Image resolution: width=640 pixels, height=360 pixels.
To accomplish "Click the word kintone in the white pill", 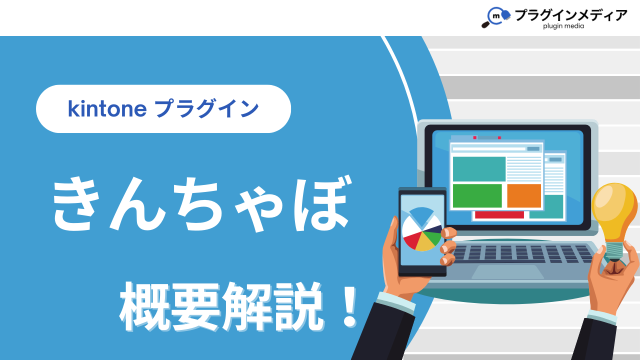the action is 107,109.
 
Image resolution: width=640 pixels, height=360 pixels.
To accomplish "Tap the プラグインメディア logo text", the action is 570,15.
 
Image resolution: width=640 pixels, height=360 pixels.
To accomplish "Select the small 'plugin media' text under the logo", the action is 563,26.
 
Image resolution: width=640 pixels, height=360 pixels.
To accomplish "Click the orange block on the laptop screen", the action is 524,195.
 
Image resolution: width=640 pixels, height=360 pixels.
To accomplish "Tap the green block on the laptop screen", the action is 477,195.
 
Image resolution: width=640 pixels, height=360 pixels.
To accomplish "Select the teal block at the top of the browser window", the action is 479,169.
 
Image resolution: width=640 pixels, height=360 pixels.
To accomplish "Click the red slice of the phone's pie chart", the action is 411,239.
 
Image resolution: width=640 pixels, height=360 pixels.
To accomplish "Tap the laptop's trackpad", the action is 507,271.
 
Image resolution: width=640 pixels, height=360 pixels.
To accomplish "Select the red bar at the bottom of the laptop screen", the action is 499,215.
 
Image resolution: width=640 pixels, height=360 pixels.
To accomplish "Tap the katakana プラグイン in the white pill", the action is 207,108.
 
